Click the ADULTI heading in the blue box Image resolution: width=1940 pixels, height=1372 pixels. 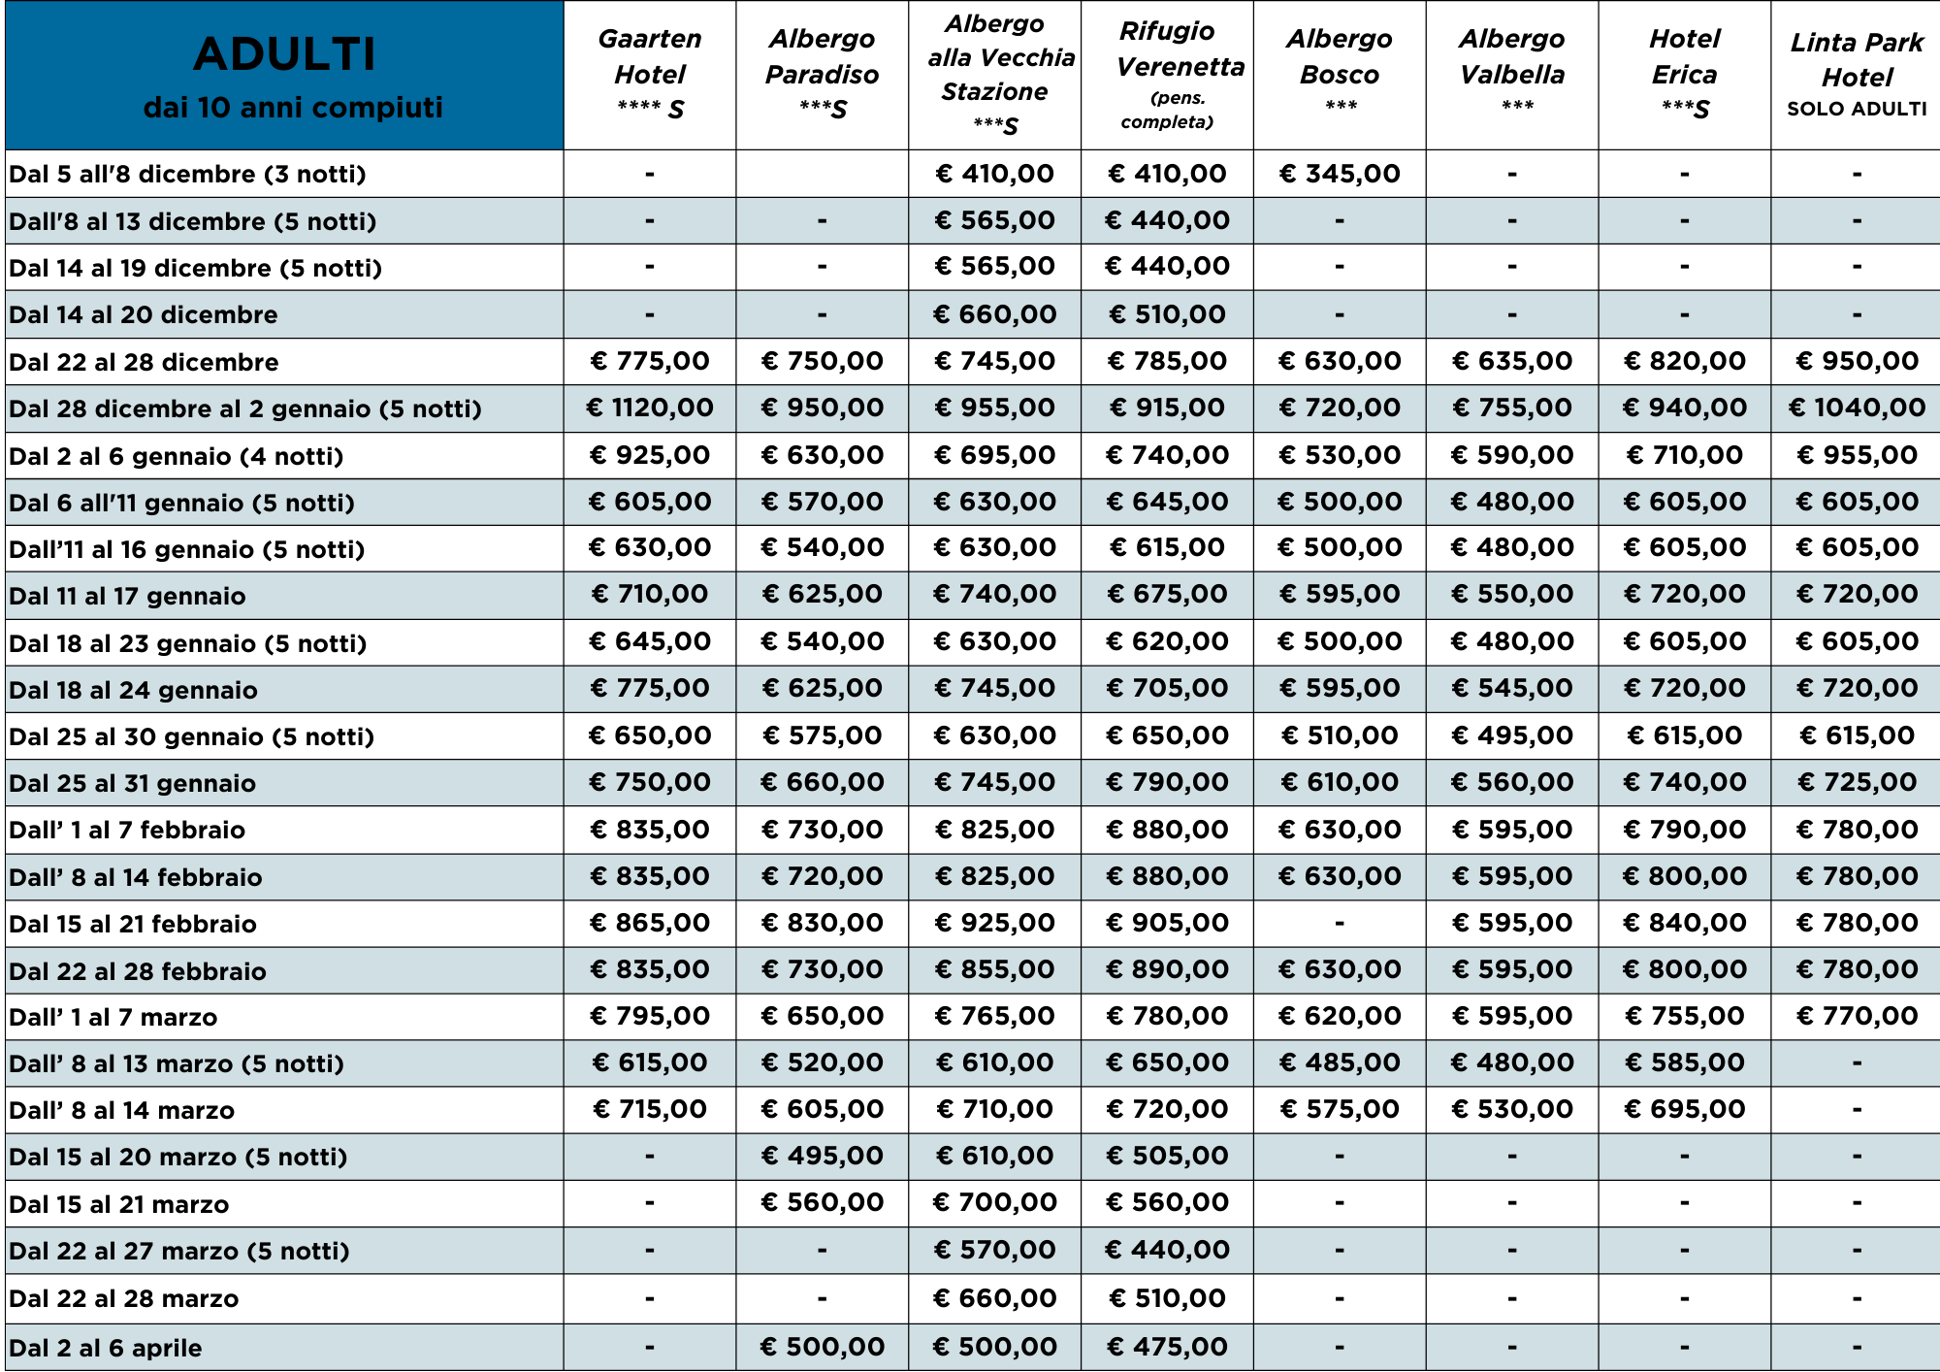point(284,54)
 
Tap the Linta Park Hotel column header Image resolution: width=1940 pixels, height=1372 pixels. point(1857,60)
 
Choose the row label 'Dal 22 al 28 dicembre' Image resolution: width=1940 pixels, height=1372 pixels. point(144,362)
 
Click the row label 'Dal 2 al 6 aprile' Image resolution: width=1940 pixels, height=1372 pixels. point(106,1348)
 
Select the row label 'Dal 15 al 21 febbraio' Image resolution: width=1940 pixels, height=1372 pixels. point(133,924)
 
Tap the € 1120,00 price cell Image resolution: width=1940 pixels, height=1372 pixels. point(649,408)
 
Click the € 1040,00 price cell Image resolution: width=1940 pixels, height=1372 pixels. point(1857,408)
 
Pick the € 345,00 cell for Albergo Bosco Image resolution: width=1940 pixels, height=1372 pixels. point(1340,174)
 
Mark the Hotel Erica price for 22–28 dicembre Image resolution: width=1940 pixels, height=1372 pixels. point(1684,361)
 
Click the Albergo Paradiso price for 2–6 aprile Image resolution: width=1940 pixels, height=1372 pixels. point(822,1347)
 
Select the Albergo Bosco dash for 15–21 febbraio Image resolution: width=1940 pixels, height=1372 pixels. point(1340,923)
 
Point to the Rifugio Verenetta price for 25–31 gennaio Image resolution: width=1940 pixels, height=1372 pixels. point(1167,782)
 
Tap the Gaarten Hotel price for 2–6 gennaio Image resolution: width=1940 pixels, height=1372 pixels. point(649,455)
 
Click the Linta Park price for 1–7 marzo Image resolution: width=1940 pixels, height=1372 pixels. point(1857,1016)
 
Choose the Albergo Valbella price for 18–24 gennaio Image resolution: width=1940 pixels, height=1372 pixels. point(1511,688)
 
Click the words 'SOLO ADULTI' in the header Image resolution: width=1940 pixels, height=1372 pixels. point(1857,109)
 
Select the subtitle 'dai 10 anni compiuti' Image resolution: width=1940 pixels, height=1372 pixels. point(293,107)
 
